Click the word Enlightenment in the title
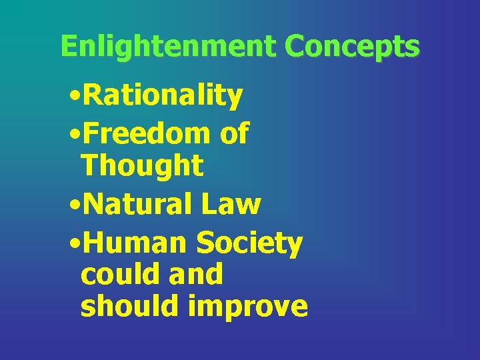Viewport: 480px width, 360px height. (167, 46)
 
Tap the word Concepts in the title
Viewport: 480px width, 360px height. (352, 47)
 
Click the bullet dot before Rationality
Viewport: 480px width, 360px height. (74, 97)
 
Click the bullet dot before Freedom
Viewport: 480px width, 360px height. (74, 134)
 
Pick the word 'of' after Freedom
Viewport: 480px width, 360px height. (234, 133)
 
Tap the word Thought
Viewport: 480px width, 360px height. (141, 166)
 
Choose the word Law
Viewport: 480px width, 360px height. (234, 204)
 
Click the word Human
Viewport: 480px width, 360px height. (135, 243)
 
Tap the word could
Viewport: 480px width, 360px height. (117, 274)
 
